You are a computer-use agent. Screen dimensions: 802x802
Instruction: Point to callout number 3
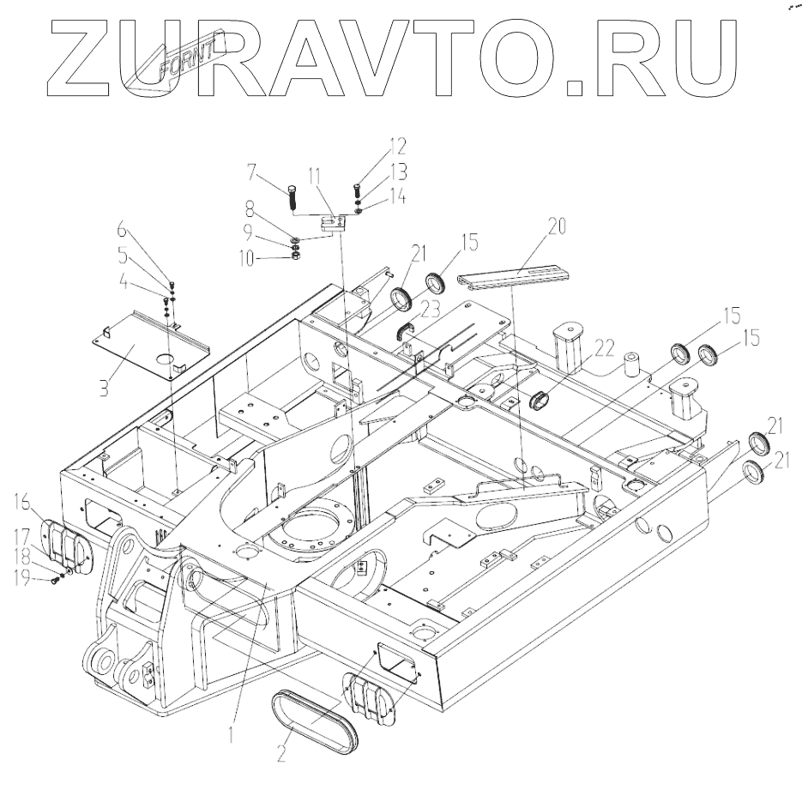coord(103,387)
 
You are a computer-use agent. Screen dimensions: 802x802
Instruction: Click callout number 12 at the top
coord(377,147)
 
